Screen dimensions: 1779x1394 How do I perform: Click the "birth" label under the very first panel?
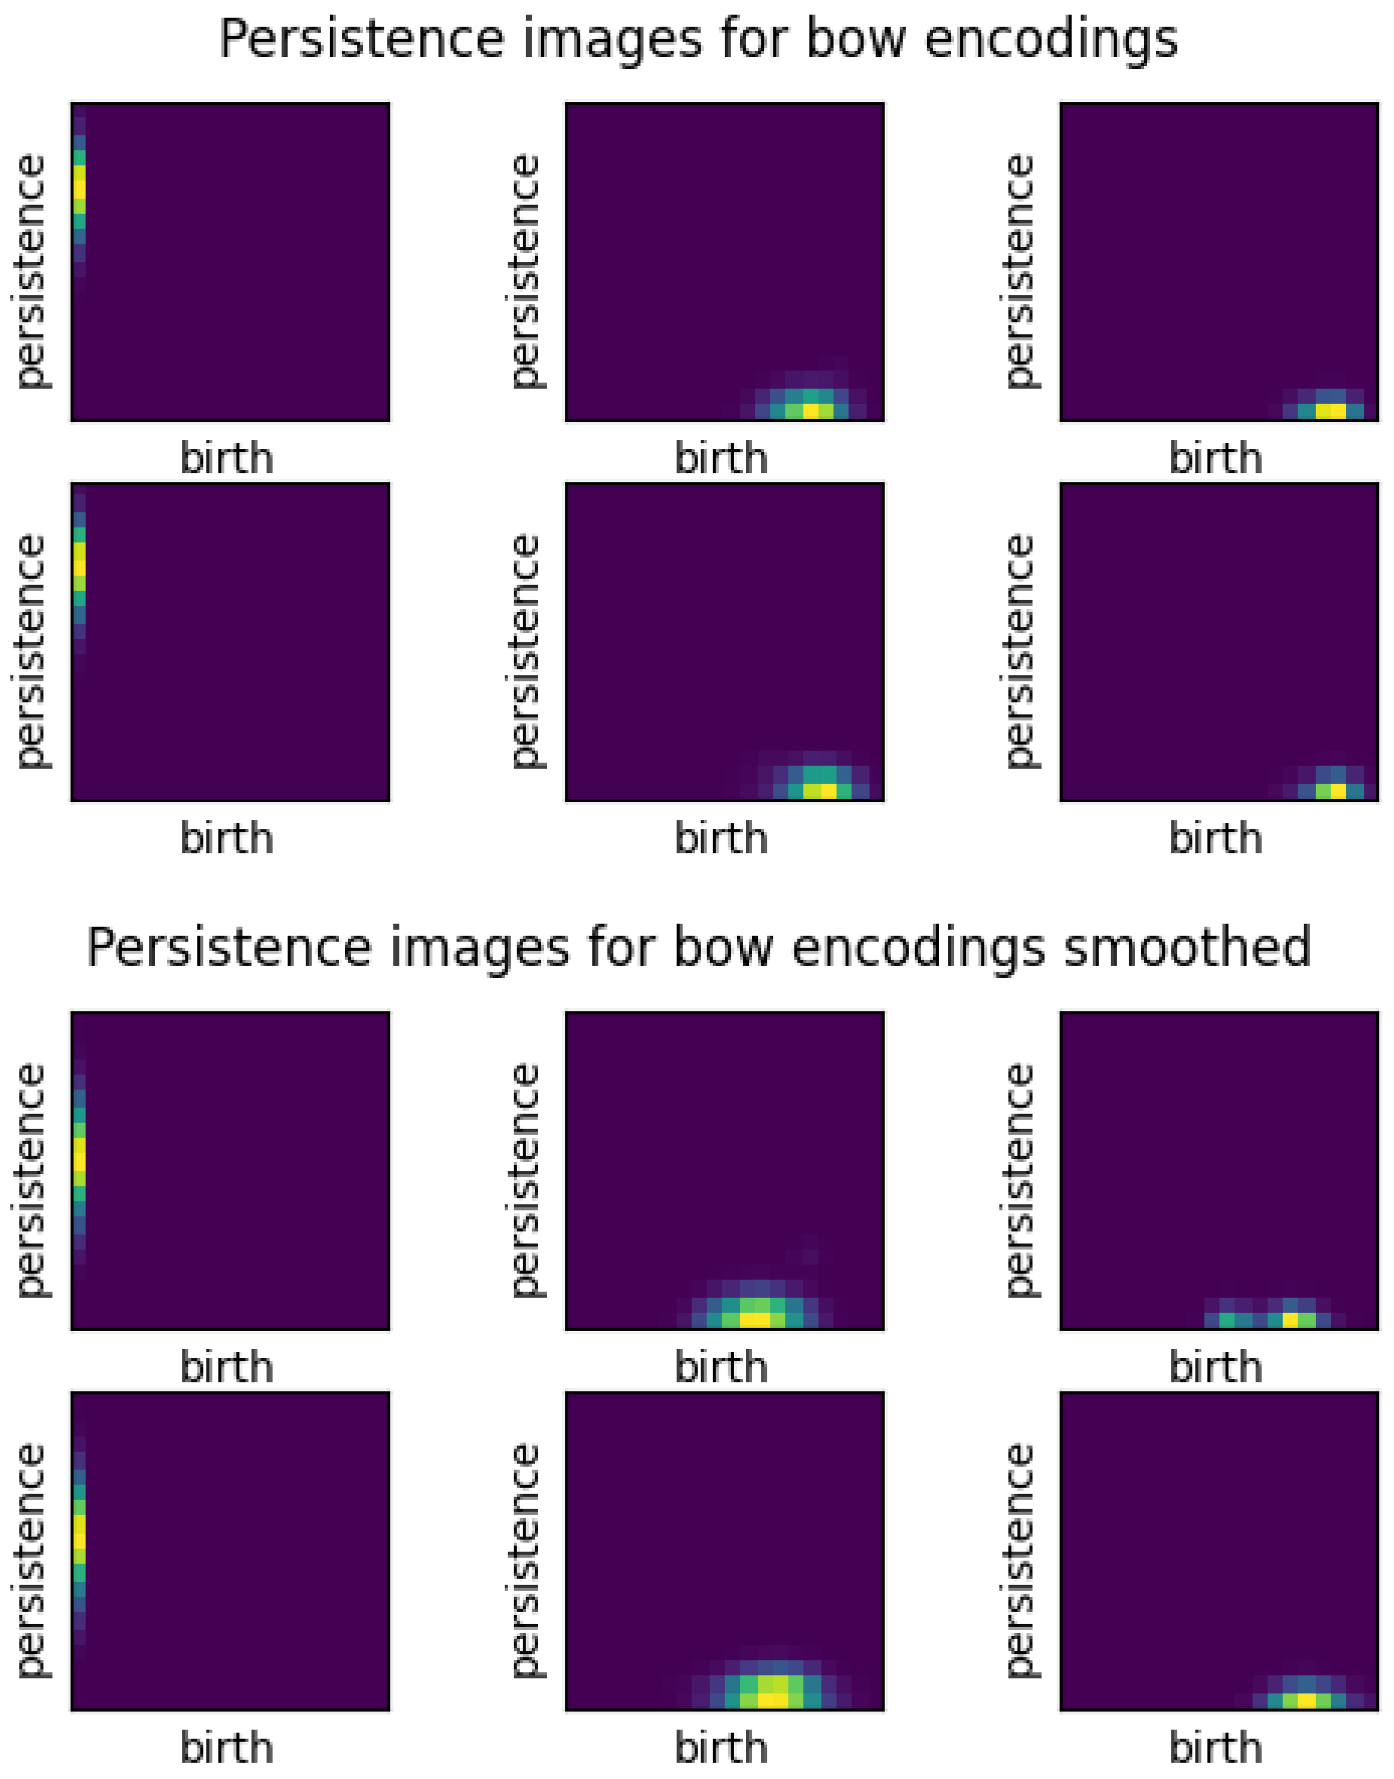tap(227, 459)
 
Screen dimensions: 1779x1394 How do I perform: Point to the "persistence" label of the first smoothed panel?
tap(31, 1181)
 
